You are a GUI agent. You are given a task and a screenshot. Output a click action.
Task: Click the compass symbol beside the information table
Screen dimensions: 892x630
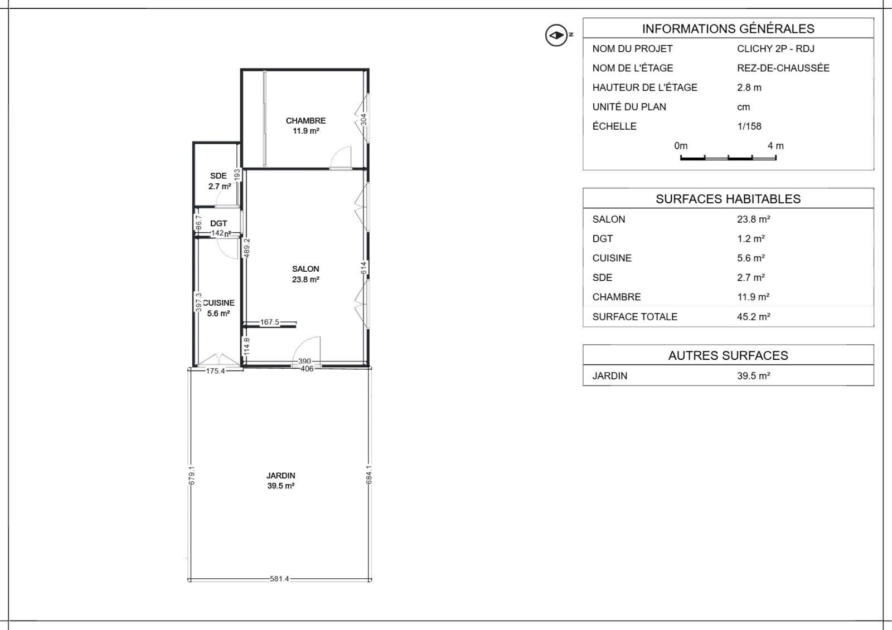(556, 36)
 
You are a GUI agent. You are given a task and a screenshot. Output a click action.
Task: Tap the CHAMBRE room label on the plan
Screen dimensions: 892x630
(306, 120)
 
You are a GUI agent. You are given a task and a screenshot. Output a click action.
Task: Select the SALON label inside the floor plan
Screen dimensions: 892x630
(306, 269)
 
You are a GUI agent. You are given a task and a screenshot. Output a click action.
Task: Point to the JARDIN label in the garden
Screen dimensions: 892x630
(281, 476)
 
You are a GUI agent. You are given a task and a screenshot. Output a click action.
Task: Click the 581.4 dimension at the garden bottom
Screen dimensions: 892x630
(279, 579)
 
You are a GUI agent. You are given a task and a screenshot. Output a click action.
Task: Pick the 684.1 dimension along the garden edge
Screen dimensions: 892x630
(369, 475)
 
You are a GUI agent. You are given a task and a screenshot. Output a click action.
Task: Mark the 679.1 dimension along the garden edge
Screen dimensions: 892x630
(192, 476)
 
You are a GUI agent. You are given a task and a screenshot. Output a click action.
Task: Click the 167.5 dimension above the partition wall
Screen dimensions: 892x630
(270, 322)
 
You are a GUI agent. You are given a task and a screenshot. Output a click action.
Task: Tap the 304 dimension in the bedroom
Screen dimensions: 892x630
(363, 120)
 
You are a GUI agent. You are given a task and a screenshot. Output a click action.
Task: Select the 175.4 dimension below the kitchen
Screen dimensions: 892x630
(215, 372)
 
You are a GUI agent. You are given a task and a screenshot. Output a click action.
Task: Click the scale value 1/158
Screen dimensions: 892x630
(749, 126)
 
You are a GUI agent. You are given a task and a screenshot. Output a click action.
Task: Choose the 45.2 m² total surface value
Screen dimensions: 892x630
(753, 317)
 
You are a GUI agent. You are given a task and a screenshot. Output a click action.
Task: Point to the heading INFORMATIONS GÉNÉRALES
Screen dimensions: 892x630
(728, 28)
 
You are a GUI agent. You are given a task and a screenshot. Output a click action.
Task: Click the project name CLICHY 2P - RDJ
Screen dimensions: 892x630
(775, 49)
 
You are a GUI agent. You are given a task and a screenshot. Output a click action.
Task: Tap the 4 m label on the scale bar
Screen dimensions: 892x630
(775, 146)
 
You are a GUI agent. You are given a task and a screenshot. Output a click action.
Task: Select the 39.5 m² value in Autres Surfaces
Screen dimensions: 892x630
(753, 375)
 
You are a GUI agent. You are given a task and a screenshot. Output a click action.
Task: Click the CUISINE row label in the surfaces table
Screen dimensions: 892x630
(612, 258)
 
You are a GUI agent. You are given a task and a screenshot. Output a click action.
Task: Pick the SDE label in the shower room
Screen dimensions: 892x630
(218, 176)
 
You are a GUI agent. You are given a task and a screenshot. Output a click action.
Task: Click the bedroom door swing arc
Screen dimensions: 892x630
(340, 155)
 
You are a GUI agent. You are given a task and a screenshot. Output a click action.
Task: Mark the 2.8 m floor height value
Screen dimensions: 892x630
(749, 87)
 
